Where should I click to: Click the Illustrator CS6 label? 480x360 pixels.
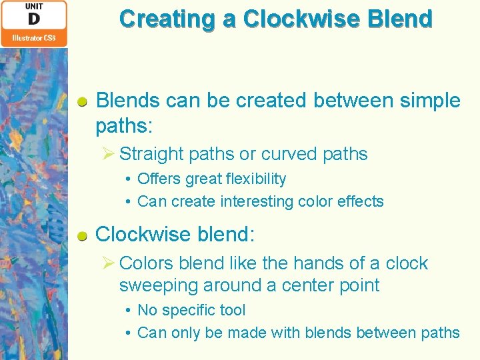tap(33, 38)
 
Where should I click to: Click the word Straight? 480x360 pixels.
tap(151, 154)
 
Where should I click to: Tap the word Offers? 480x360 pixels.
tap(159, 179)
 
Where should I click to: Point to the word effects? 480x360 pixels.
tap(360, 201)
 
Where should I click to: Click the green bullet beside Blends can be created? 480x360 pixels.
tap(83, 102)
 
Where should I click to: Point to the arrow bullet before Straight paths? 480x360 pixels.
tap(109, 154)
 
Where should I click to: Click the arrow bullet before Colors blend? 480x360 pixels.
tap(109, 263)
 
